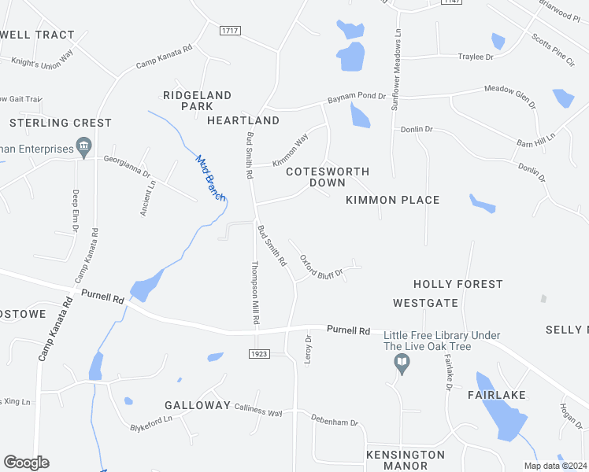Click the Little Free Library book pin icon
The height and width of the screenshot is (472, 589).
coord(402,363)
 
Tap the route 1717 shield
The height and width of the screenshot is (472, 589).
coord(231,30)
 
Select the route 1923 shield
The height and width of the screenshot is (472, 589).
coord(261,354)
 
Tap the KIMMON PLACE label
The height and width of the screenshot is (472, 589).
coord(392,200)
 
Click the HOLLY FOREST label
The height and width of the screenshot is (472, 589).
coord(458,284)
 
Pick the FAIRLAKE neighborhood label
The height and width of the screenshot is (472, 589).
coord(496,394)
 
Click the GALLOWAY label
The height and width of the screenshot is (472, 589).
coord(196,405)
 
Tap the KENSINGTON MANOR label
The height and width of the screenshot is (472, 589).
coord(405,460)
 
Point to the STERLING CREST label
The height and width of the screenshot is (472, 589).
coord(61,123)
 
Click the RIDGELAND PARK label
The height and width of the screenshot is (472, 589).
coord(197,101)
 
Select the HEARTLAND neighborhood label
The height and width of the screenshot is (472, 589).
coord(243,120)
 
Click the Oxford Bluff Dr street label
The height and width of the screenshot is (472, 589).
coord(320,265)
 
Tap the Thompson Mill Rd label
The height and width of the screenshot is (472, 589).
coord(255,293)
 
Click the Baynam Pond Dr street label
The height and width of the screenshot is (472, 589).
coord(357,98)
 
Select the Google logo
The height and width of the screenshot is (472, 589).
coord(26,463)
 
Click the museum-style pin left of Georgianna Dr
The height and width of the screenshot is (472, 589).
coord(83,146)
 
